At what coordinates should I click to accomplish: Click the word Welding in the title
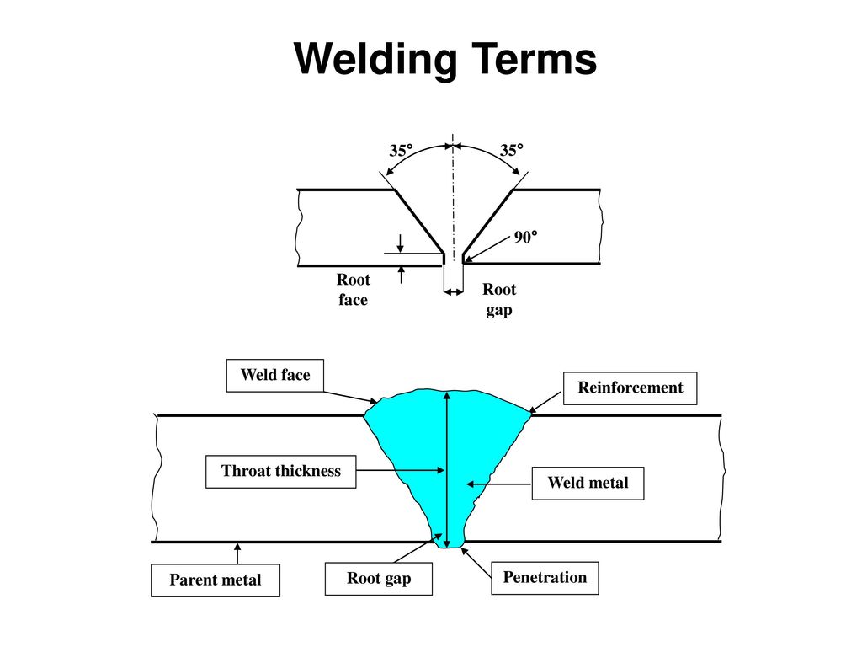pyautogui.click(x=375, y=60)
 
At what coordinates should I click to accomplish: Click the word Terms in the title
pyautogui.click(x=534, y=58)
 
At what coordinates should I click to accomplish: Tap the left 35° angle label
pyautogui.click(x=401, y=151)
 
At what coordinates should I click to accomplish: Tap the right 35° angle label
pyautogui.click(x=511, y=150)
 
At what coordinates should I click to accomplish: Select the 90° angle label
pyautogui.click(x=525, y=237)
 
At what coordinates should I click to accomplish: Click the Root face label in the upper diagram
pyautogui.click(x=353, y=290)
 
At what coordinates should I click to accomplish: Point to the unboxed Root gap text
pyautogui.click(x=499, y=299)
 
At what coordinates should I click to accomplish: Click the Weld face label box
pyautogui.click(x=275, y=376)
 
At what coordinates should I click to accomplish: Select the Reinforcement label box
pyautogui.click(x=630, y=388)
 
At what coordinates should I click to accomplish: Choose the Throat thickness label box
pyautogui.click(x=281, y=472)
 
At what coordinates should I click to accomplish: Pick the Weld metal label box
pyautogui.click(x=588, y=484)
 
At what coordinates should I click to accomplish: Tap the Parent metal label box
pyautogui.click(x=215, y=580)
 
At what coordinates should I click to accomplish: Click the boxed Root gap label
pyautogui.click(x=379, y=579)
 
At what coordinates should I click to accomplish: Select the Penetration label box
pyautogui.click(x=545, y=578)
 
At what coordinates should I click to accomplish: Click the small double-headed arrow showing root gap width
pyautogui.click(x=454, y=292)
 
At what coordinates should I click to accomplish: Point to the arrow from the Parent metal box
pyautogui.click(x=237, y=553)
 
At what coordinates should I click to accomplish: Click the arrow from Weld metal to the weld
pyautogui.click(x=498, y=484)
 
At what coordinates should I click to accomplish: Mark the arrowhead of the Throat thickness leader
pyautogui.click(x=440, y=470)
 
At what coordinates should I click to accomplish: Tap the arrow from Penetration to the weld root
pyautogui.click(x=476, y=562)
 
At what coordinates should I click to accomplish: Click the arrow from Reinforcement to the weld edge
pyautogui.click(x=545, y=402)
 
